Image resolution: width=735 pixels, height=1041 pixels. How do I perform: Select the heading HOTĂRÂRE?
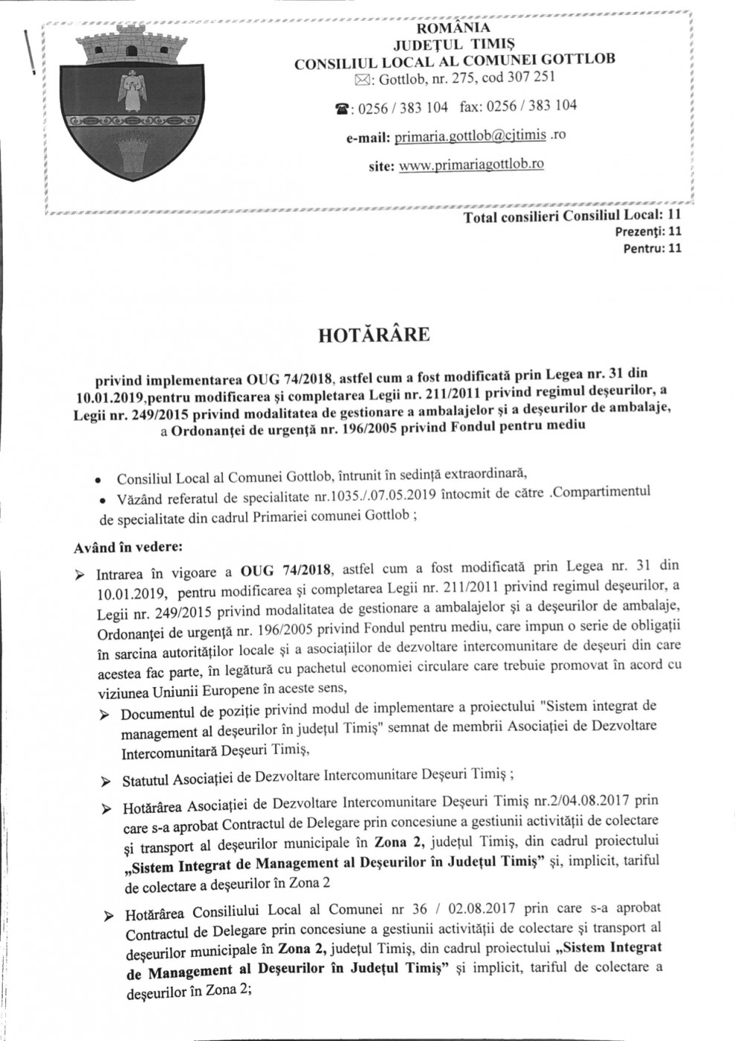click(373, 335)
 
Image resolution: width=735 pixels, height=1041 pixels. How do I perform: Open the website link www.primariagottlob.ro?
click(471, 164)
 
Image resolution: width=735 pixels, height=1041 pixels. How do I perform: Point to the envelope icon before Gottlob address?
click(359, 78)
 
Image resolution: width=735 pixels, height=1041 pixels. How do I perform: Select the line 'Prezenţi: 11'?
click(649, 231)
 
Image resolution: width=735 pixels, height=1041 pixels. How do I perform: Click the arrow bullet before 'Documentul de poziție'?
click(105, 715)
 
